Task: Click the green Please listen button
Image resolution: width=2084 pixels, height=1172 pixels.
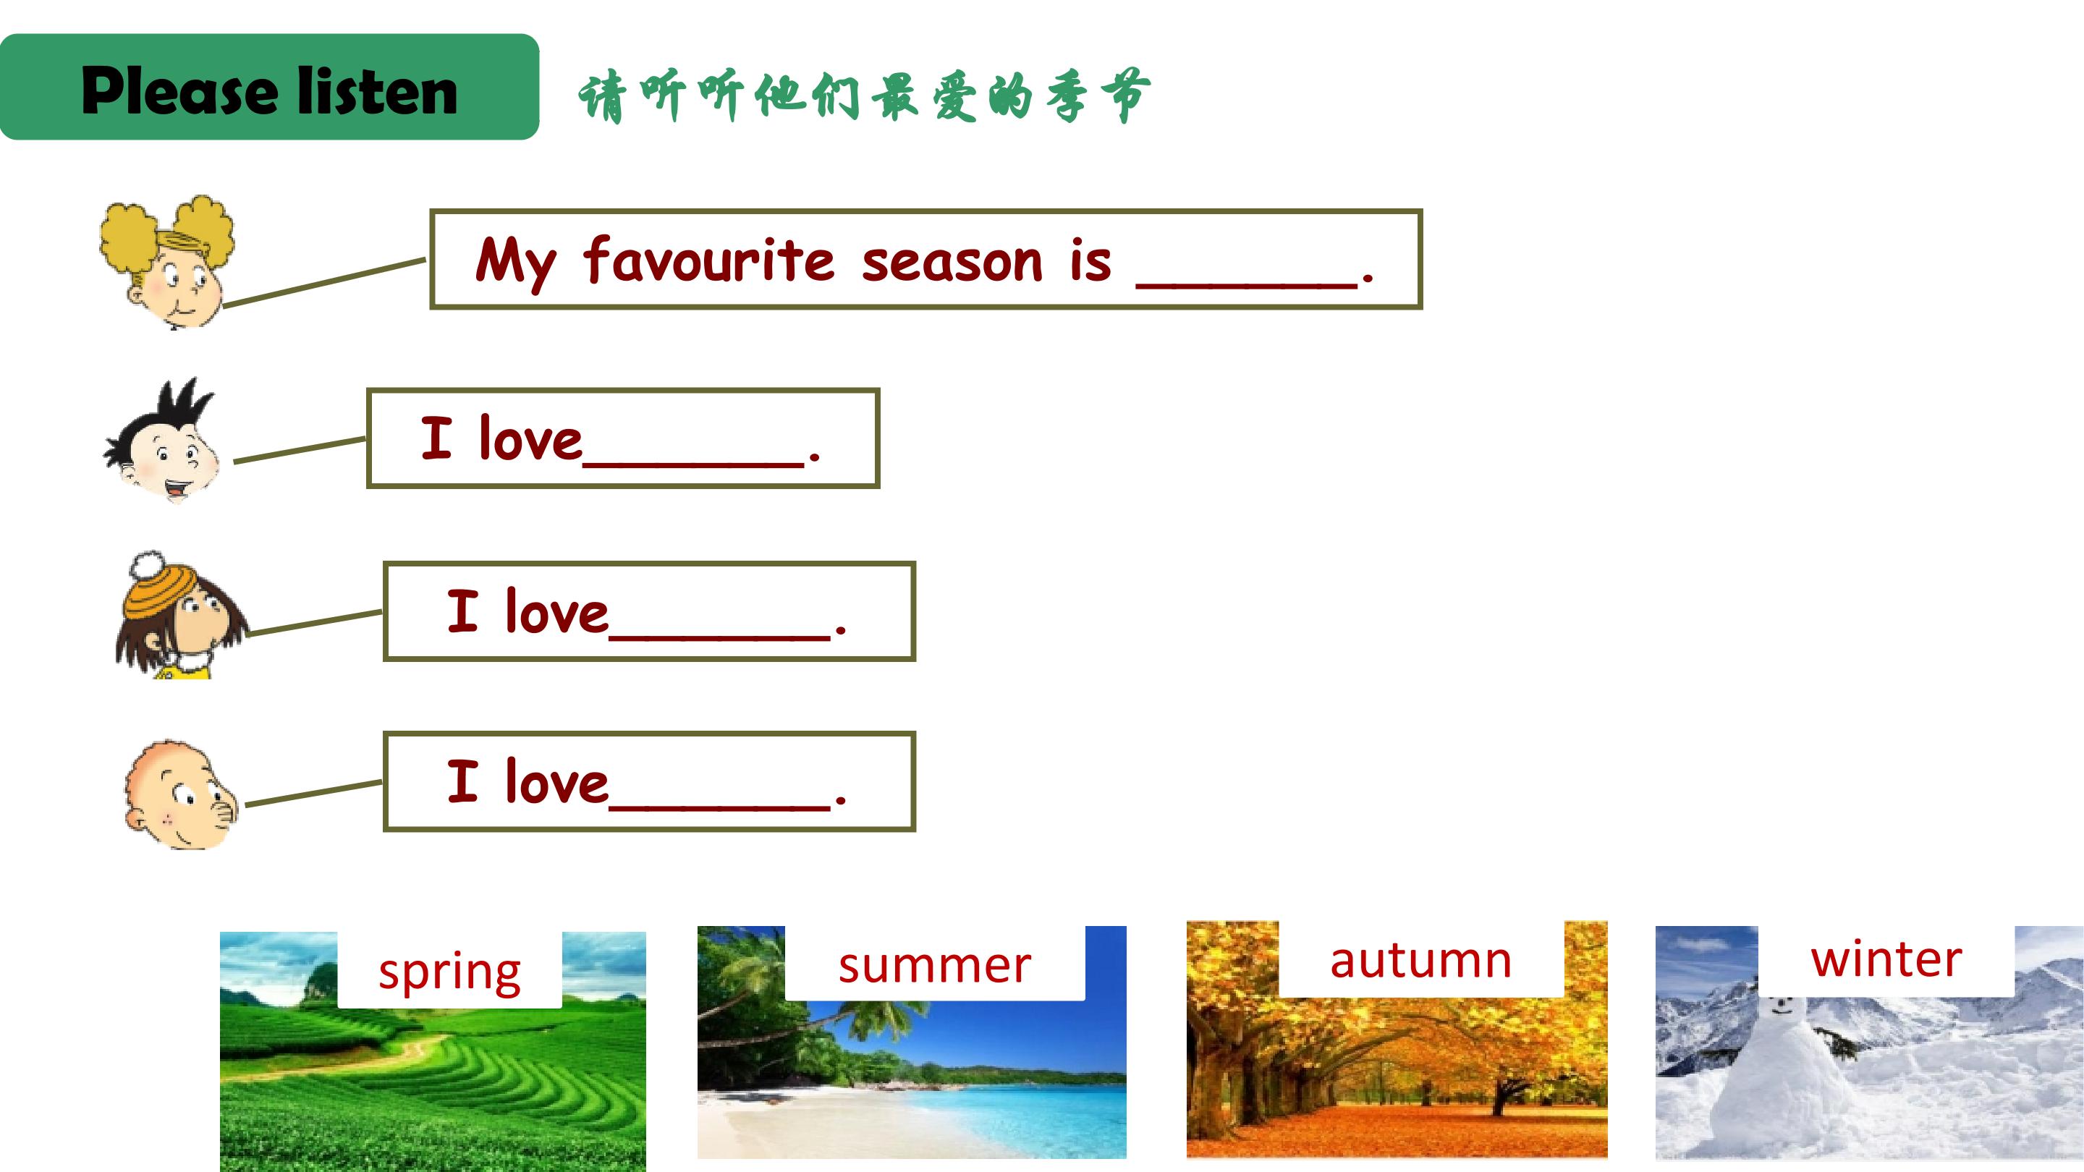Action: (269, 87)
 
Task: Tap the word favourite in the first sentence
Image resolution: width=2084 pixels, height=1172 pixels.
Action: (708, 260)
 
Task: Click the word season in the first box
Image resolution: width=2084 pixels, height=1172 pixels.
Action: (952, 263)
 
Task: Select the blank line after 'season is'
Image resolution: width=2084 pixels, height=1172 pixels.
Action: (1247, 285)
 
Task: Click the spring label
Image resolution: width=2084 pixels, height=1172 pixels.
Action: (450, 972)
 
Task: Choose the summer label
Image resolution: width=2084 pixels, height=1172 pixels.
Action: (934, 965)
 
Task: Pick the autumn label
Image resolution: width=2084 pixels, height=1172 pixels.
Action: (1420, 960)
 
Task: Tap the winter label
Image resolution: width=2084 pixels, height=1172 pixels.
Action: (1886, 959)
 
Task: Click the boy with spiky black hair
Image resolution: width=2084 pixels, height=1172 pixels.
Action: (162, 441)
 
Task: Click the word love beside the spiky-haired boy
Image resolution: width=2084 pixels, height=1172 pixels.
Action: (530, 438)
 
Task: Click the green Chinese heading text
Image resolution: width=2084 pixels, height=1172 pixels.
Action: (864, 96)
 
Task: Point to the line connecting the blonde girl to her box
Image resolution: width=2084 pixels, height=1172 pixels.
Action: (324, 283)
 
